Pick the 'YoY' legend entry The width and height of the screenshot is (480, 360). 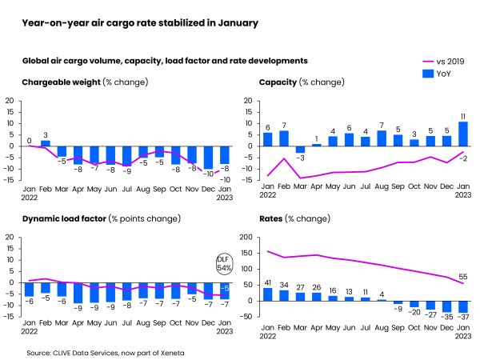438,74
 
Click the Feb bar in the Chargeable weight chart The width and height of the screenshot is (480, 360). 46,143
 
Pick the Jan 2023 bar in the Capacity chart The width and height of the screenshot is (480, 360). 463,134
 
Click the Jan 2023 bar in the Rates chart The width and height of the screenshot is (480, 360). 463,306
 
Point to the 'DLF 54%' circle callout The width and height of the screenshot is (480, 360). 224,262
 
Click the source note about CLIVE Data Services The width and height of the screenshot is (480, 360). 96,352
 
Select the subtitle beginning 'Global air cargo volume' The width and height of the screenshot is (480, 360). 165,61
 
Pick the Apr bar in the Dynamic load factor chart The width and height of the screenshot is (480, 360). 78,292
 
